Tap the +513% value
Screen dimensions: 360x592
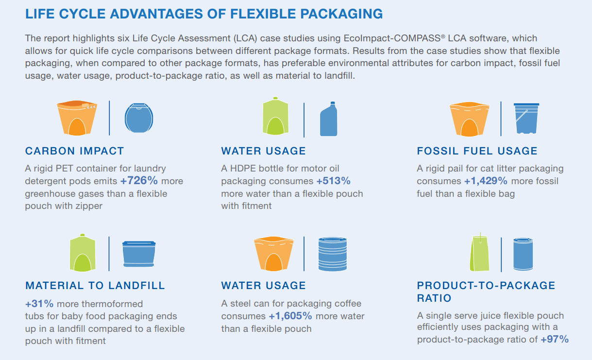pos(333,181)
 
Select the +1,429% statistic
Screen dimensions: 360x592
pos(486,181)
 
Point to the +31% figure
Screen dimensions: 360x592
pos(39,304)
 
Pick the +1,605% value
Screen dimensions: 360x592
pos(290,316)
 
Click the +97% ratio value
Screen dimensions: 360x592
pos(554,340)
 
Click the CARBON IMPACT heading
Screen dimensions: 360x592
pos(74,151)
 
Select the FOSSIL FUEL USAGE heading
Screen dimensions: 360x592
pos(477,151)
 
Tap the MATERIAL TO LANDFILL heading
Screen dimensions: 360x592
pos(95,286)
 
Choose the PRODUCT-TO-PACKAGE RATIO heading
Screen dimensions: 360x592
pos(486,291)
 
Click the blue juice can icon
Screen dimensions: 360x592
pos(526,254)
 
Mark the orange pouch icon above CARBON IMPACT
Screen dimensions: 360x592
pos(77,118)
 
